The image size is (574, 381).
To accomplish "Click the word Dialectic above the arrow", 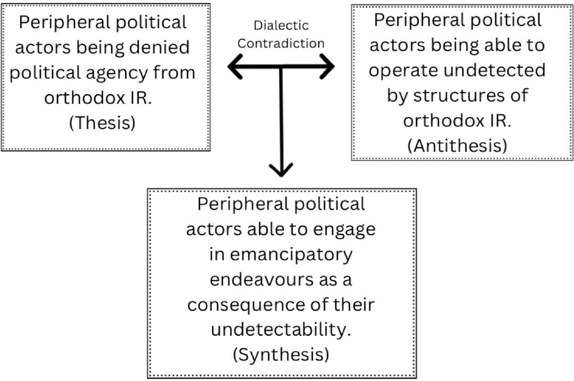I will point(281,26).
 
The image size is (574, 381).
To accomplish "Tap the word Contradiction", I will point(281,43).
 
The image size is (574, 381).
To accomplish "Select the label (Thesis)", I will point(103,123).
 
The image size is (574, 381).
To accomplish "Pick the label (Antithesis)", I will point(457,145).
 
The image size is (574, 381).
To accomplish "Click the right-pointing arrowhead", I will point(327,67).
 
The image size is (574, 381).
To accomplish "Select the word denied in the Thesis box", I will point(161,47).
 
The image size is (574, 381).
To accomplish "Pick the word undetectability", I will point(281,329).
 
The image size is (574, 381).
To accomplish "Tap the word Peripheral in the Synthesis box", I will point(241,204).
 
